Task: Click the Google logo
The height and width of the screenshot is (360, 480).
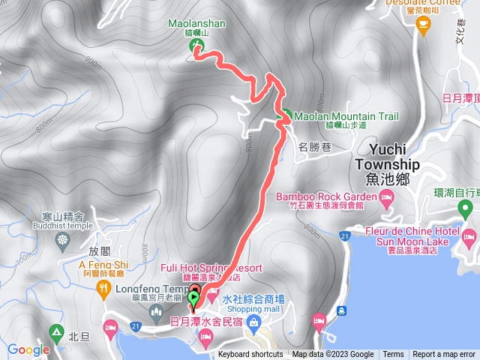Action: point(28,349)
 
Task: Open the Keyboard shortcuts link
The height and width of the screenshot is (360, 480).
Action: point(250,355)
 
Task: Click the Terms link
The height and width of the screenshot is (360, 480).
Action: point(393,355)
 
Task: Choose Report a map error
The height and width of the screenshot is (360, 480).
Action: point(444,355)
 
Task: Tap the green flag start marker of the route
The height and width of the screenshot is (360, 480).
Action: point(194,299)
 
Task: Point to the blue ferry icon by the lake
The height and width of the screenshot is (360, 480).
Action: point(341,310)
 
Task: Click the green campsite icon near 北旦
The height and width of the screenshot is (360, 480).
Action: point(55,331)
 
